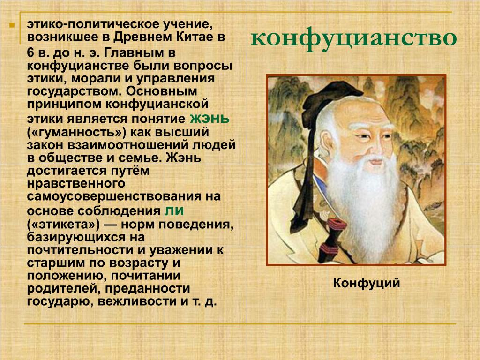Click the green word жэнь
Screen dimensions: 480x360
[210, 119]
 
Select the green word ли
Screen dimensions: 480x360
[174, 210]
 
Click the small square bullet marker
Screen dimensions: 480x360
[12, 25]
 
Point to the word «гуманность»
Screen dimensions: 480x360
[76, 133]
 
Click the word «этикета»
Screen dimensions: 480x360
[63, 225]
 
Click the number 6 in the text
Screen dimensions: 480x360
[30, 52]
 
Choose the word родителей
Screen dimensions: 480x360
[63, 289]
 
